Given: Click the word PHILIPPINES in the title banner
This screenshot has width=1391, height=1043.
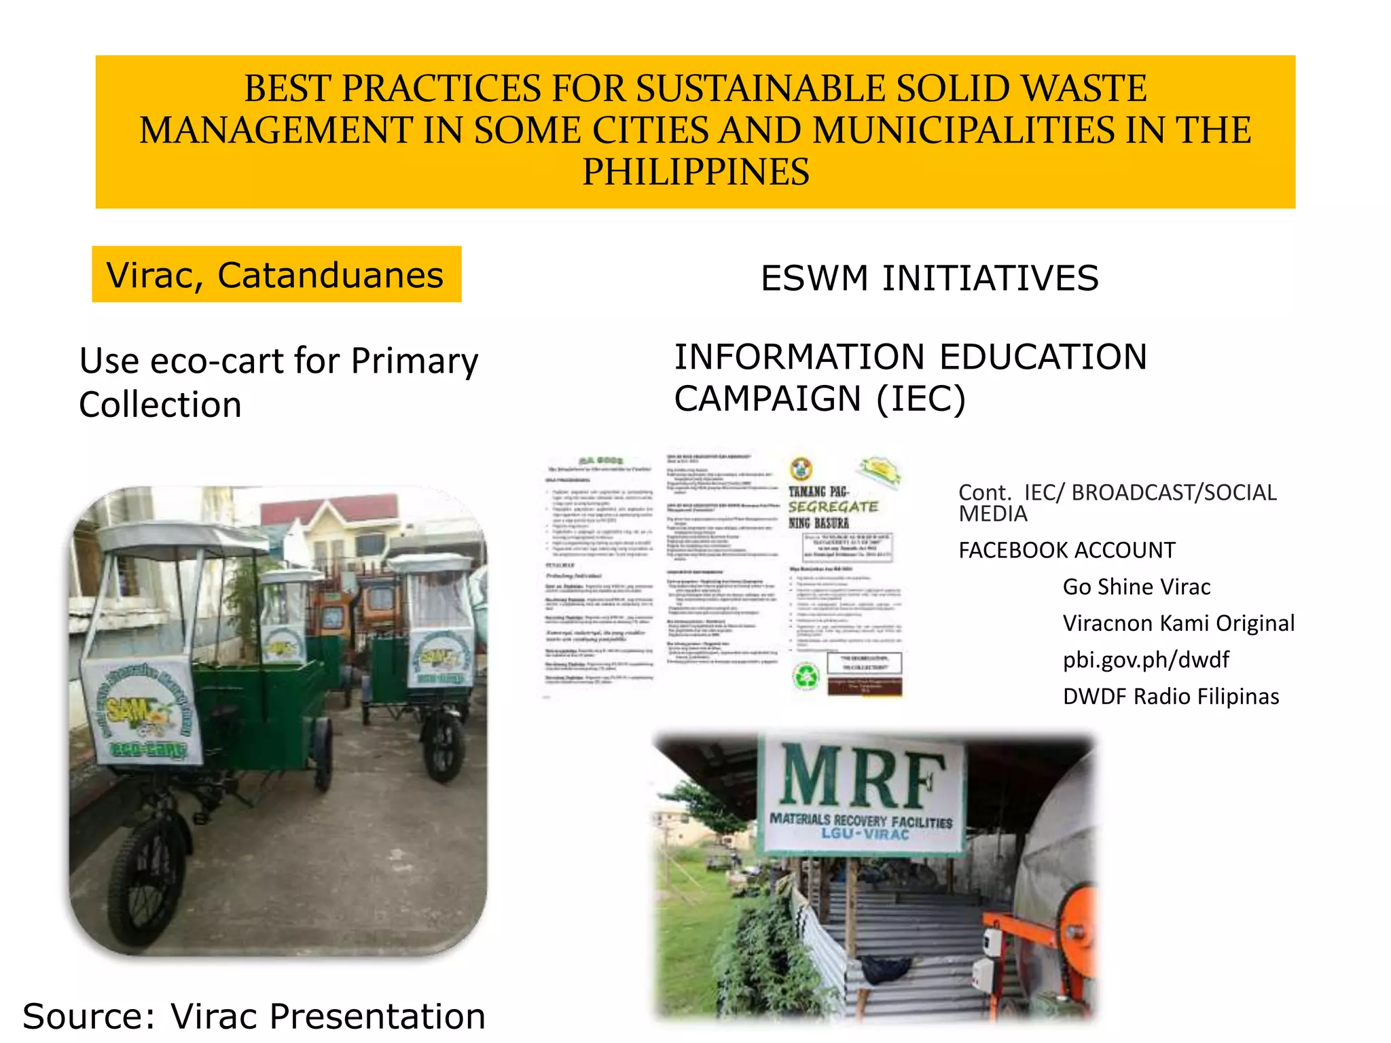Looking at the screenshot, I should pos(695,172).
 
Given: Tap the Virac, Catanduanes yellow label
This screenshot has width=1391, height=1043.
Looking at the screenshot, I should pos(276,275).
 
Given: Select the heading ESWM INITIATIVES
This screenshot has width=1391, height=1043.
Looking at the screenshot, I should pos(929,278).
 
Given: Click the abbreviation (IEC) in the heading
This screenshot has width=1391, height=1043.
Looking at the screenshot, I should pos(921,399).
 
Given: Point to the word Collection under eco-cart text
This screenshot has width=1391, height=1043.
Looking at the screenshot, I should pos(160,405).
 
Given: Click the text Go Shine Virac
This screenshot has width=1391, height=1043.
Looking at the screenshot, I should pos(1136,587).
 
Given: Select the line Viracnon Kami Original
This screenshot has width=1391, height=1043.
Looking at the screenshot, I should pos(1178,623).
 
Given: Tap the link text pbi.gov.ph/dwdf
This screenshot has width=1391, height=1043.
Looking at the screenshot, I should pos(1146,660).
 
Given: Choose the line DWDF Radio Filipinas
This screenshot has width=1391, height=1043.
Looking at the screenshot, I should pos(1171,697).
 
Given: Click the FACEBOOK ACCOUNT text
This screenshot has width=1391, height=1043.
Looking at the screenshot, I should pos(1066,550).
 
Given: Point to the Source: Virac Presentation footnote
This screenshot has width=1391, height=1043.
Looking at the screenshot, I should pos(254,1017).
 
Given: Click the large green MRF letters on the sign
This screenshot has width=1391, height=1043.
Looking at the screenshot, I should pos(861,776).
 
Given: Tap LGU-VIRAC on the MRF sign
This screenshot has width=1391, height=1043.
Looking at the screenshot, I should pos(865,833).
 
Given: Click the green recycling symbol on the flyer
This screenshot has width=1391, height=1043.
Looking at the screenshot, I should pos(807,676).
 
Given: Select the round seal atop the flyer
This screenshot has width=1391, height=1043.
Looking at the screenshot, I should pos(802,468).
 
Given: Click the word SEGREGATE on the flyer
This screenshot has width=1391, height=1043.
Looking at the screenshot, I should pos(833,507).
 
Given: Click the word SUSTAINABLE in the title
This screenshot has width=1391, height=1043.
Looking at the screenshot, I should pos(759,89).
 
